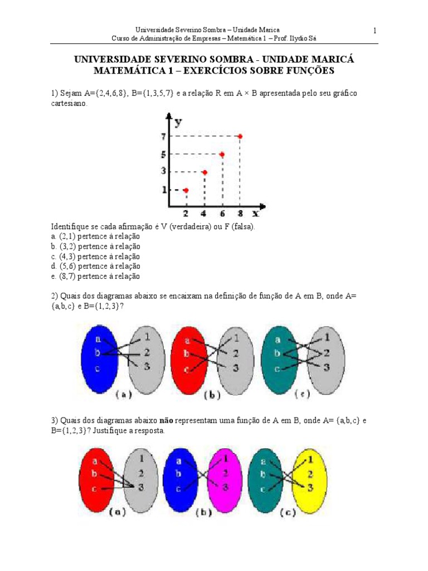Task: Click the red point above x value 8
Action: [x=240, y=137]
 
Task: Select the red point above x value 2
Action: [x=186, y=191]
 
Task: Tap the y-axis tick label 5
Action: [x=164, y=154]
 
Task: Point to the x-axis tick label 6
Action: [x=221, y=213]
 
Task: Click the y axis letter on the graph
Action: [x=178, y=121]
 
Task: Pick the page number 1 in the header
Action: [x=375, y=30]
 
